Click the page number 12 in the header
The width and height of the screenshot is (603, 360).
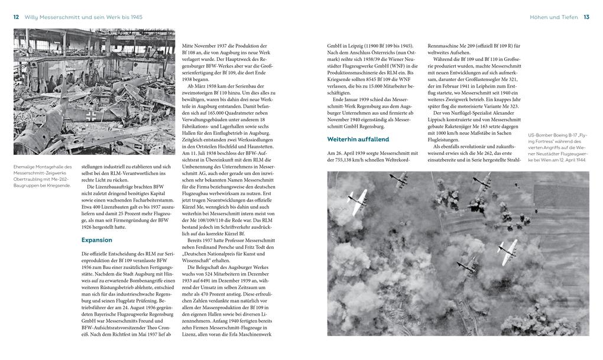(x=16, y=17)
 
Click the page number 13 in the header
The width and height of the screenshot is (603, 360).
(x=586, y=17)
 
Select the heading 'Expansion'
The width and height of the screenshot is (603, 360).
(x=96, y=240)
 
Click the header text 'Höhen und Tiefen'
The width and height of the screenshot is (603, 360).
(x=554, y=17)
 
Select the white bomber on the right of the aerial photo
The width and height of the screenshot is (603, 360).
(x=507, y=251)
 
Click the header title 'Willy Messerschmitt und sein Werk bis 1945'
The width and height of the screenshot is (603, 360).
(x=87, y=17)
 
